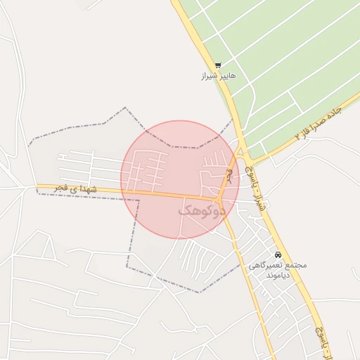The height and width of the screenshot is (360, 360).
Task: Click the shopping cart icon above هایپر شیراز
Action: click(x=218, y=65)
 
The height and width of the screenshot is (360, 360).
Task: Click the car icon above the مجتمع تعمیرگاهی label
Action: click(x=278, y=254)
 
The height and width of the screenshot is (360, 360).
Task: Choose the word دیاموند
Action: click(x=278, y=276)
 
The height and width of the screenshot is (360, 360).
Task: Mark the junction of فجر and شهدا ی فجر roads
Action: click(x=219, y=199)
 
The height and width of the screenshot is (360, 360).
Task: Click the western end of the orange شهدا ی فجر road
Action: click(x=39, y=186)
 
